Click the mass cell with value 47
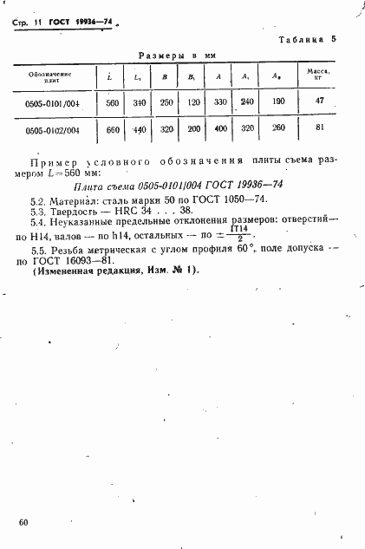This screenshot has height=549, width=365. click(320, 101)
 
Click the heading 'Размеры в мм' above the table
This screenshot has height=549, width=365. click(177, 56)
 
